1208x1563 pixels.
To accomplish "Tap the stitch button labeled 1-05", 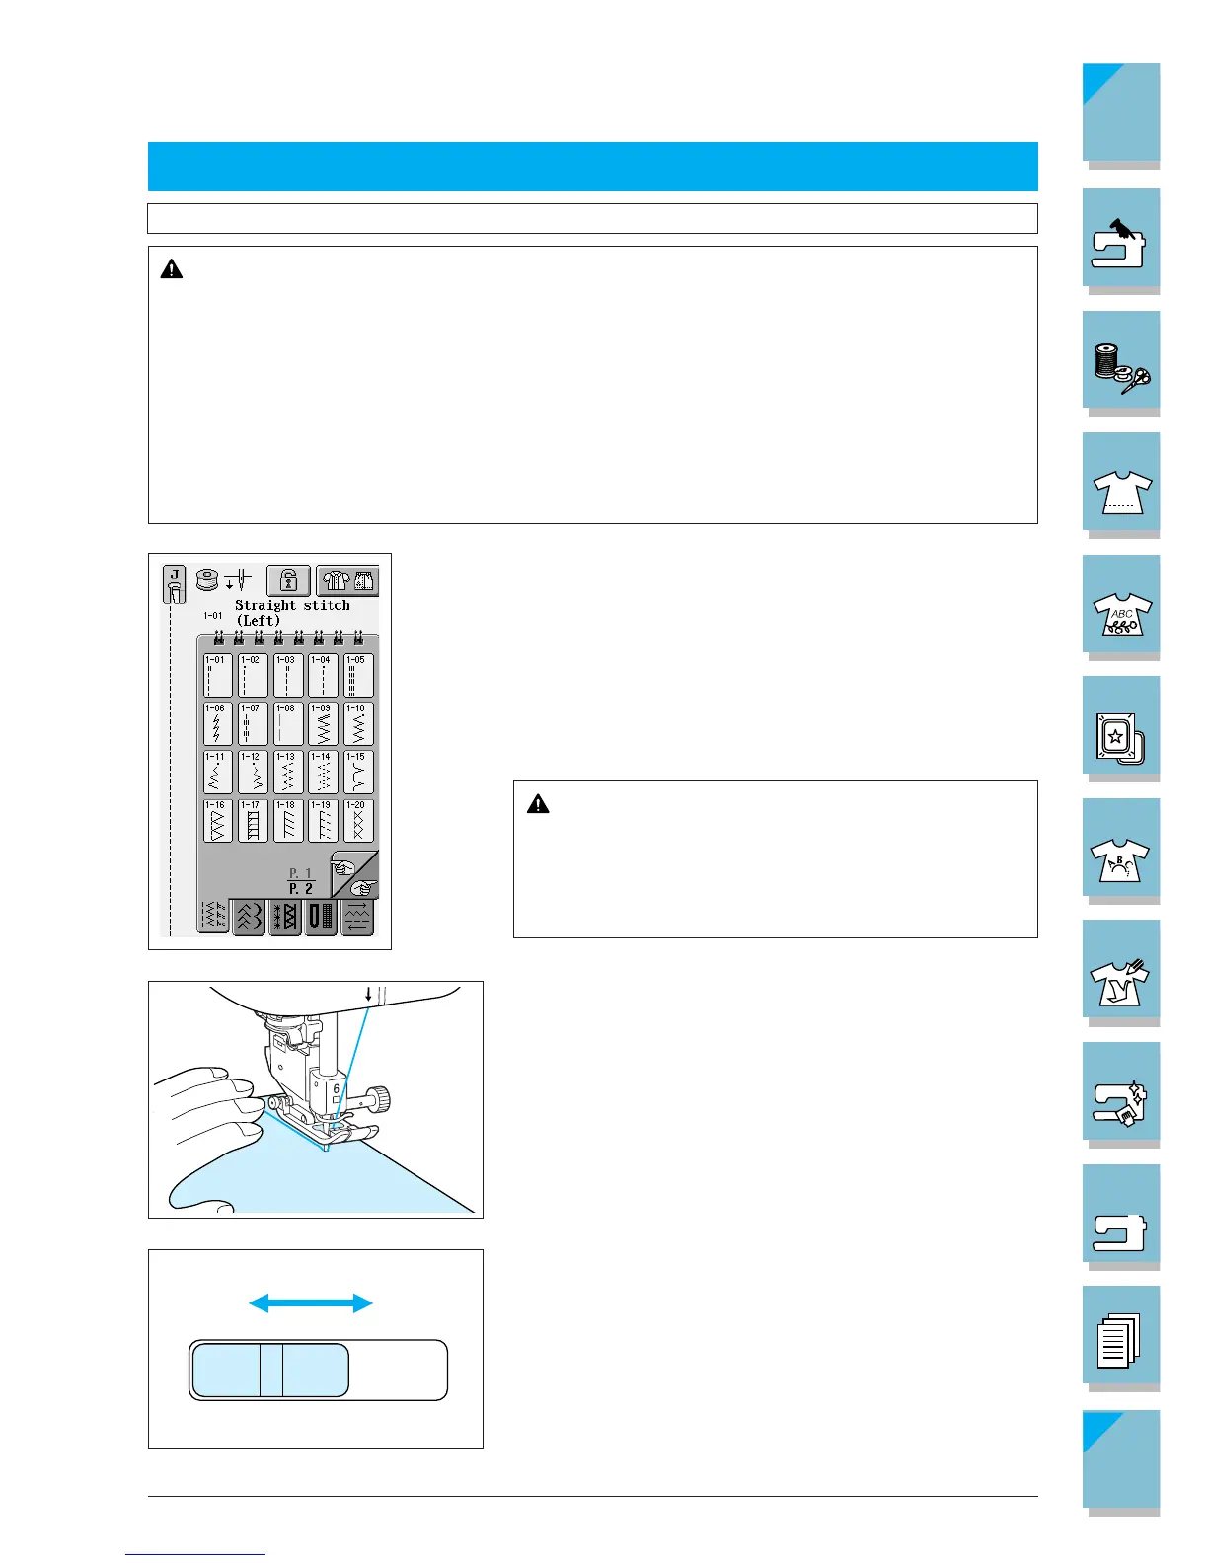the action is pos(358,676).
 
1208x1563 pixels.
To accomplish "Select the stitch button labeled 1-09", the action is pos(323,724).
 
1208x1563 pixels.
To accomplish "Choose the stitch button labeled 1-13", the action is pos(287,773).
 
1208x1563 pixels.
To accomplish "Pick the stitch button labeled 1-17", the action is pos(253,821).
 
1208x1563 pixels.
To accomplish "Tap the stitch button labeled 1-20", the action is pos(358,821).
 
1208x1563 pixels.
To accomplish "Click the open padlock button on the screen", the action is pos(289,581).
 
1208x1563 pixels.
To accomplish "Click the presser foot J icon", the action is pos(174,585).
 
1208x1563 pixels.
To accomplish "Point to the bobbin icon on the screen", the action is pos(207,580).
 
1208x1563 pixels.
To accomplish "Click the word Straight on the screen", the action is pos(264,605).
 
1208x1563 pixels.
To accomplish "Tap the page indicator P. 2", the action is pos(301,889).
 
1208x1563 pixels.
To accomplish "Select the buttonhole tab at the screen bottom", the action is pos(322,917).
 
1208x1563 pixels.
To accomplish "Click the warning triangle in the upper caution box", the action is pos(172,268).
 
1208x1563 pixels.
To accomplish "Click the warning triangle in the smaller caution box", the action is pos(538,804).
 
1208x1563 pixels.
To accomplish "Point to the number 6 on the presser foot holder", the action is pos(337,1089).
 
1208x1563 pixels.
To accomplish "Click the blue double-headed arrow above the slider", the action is pos(311,1303).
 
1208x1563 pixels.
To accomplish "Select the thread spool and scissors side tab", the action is pos(1121,361).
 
